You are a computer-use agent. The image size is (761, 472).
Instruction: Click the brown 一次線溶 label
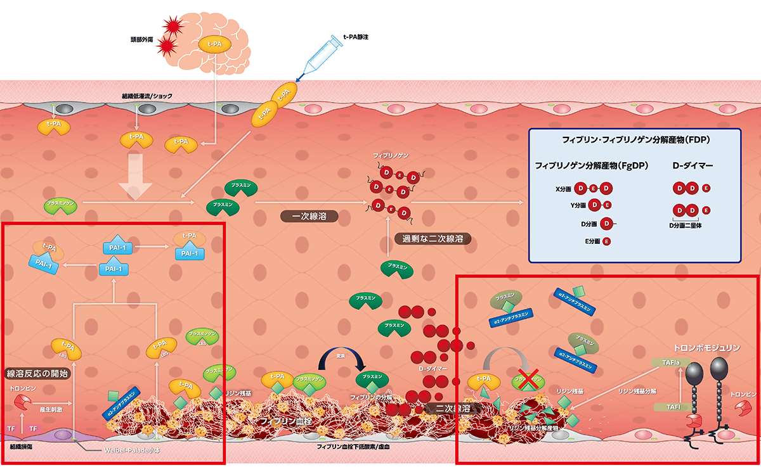click(x=309, y=216)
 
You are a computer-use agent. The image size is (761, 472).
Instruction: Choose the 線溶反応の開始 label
click(x=37, y=373)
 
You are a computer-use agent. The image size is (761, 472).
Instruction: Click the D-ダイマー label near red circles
click(x=433, y=368)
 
